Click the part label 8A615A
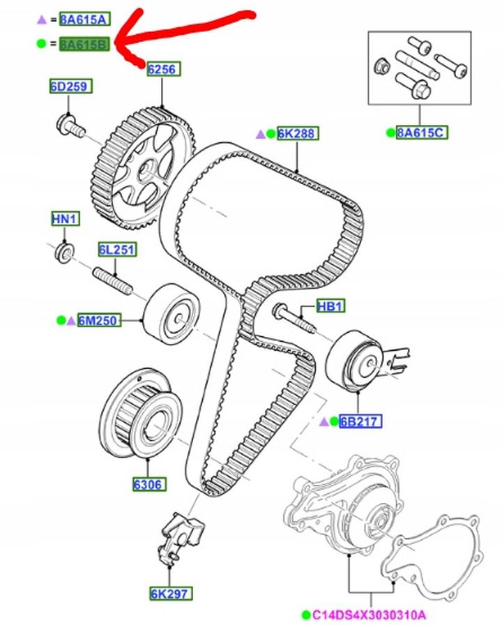(x=83, y=19)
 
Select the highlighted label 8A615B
(x=83, y=45)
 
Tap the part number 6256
(x=162, y=69)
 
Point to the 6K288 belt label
(x=297, y=133)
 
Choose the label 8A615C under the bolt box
(x=421, y=132)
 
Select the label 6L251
(x=116, y=250)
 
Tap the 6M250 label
(x=99, y=321)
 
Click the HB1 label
(x=331, y=306)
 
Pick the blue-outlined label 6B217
(x=360, y=421)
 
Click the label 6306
(x=147, y=483)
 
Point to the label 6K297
(x=168, y=594)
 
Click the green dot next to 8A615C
(x=390, y=132)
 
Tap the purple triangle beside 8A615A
(x=40, y=19)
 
